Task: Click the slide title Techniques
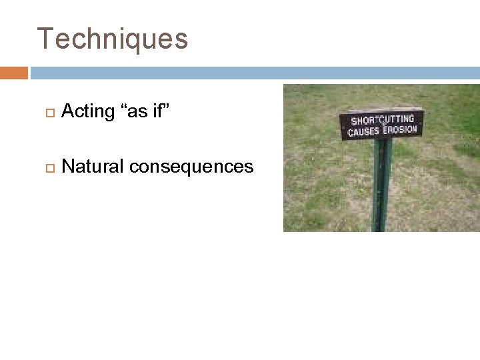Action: (x=112, y=39)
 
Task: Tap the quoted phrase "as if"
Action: (x=143, y=112)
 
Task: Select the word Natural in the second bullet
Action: (x=93, y=167)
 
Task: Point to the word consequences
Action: (x=191, y=167)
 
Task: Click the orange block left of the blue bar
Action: (x=14, y=73)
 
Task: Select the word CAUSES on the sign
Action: (x=363, y=131)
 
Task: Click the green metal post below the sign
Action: (x=381, y=180)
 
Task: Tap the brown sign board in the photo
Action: (x=382, y=124)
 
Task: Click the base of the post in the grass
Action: (x=382, y=227)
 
